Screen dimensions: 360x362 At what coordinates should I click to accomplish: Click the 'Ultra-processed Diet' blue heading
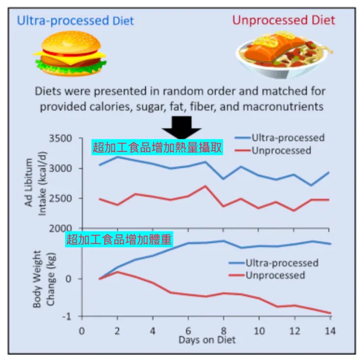(x=75, y=21)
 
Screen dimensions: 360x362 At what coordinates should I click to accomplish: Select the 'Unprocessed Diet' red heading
(x=283, y=21)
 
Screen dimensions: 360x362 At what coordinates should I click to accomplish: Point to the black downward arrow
(x=181, y=129)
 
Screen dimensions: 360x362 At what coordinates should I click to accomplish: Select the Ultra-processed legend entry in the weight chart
(x=281, y=263)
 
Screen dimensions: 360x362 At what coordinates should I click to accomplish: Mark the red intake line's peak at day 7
(x=206, y=186)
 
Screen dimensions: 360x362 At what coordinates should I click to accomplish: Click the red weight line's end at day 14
(x=331, y=313)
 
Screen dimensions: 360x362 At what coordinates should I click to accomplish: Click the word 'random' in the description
(x=212, y=91)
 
